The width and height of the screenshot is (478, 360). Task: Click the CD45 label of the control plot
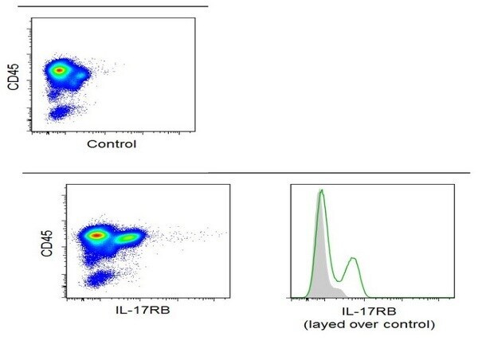(14, 76)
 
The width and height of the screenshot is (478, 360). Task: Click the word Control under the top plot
(112, 144)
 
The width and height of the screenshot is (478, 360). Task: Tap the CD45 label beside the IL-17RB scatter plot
(47, 243)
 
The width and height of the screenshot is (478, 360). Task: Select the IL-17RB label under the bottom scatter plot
(143, 311)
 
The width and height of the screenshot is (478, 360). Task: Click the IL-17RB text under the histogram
(369, 311)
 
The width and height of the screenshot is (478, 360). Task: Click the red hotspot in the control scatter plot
(60, 70)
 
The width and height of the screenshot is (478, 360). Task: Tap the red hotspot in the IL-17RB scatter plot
(96, 235)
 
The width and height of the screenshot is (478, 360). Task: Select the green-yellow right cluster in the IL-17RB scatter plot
(128, 237)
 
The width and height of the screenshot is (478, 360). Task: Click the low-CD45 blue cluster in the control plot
(60, 113)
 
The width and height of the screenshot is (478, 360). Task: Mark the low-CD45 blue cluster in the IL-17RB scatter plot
(99, 278)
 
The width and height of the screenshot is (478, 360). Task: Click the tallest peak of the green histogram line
(321, 191)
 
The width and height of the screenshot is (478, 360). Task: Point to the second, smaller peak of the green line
(353, 259)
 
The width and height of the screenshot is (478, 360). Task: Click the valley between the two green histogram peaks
(338, 280)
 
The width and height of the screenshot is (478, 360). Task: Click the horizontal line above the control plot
(113, 6)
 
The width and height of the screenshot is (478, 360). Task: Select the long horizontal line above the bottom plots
(246, 173)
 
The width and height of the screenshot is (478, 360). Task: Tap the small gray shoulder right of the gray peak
(339, 292)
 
